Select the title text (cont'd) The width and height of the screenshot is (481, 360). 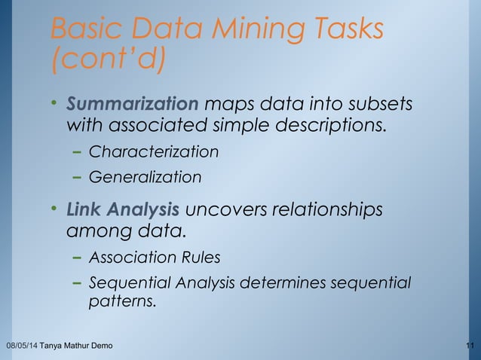tap(108, 61)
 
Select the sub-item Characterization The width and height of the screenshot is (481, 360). tap(154, 152)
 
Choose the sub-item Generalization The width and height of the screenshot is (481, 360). tap(146, 178)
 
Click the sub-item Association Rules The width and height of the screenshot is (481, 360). tap(155, 258)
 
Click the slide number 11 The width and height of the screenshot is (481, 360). tap(470, 346)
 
